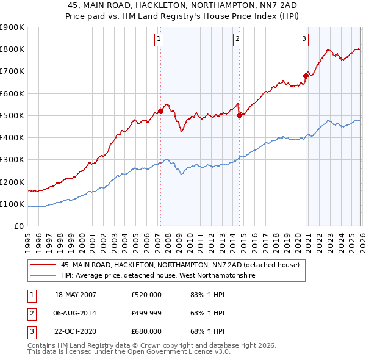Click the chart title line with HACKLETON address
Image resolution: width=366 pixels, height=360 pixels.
183,5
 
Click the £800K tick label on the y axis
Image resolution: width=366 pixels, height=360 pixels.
13,49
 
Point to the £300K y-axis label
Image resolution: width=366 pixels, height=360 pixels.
13,160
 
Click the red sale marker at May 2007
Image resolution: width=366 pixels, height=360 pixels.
161,111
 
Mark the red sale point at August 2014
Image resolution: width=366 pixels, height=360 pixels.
239,115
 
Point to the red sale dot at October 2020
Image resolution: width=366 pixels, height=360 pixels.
306,76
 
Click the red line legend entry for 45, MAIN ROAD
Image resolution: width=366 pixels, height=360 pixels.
180,265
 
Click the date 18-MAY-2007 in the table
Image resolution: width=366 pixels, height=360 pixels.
76,295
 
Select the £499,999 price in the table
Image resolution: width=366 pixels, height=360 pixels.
146,313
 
